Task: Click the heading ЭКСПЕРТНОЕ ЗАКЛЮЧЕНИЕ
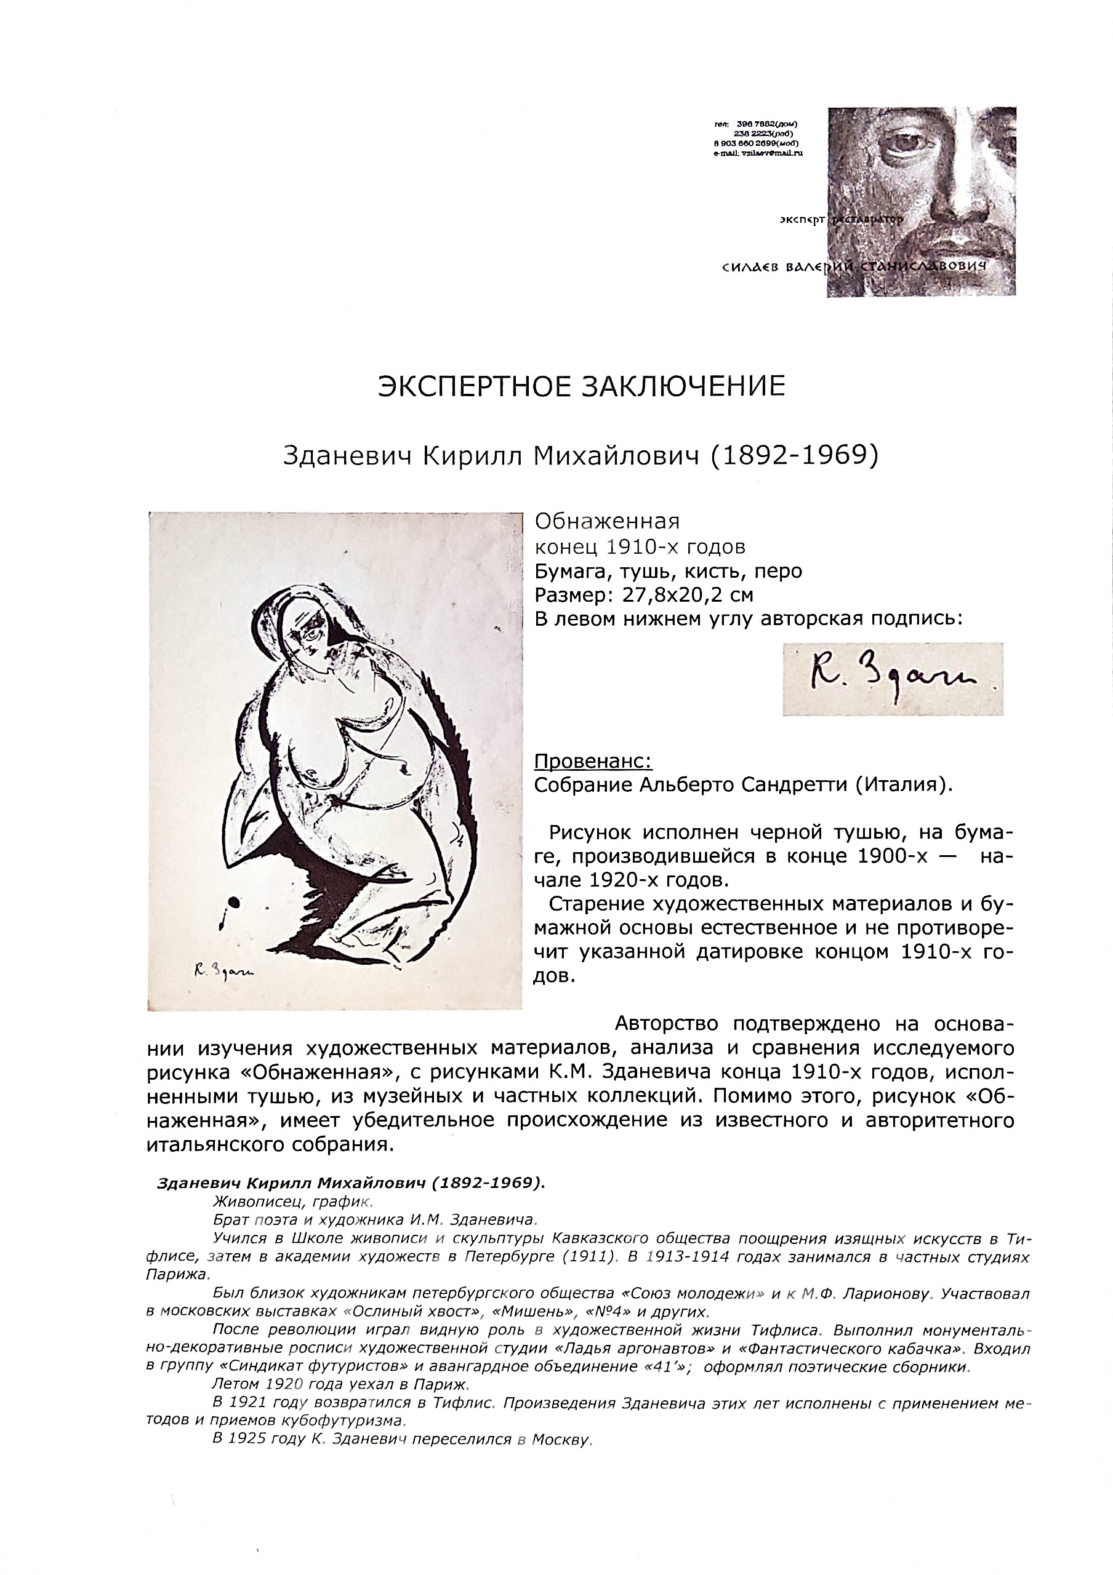click(x=581, y=387)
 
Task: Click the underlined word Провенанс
click(x=593, y=762)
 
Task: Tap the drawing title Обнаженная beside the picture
click(x=606, y=522)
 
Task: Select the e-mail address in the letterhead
click(x=758, y=153)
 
